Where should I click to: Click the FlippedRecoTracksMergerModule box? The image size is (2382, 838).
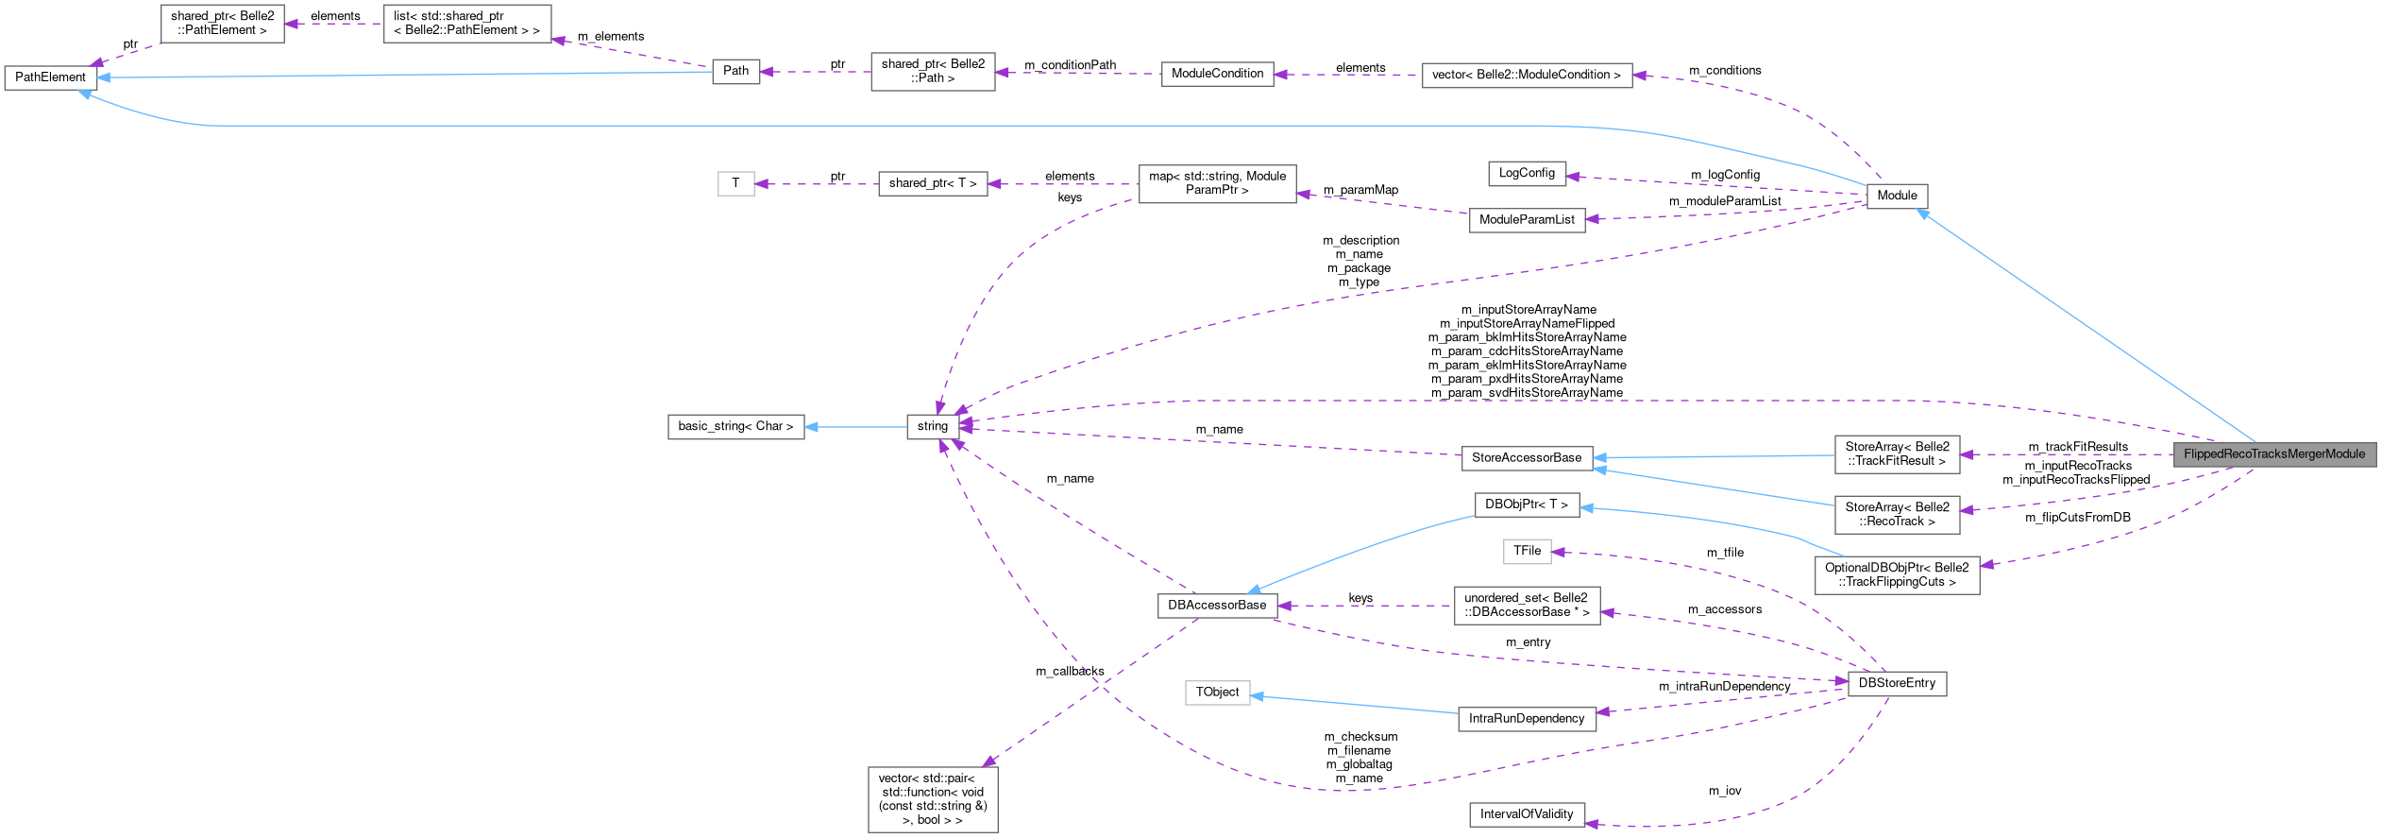click(2273, 454)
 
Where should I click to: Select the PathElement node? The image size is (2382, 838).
click(50, 77)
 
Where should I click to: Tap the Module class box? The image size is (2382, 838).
click(1897, 196)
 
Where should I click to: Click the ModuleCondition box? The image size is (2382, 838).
click(1217, 74)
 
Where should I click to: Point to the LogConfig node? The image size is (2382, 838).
click(1526, 173)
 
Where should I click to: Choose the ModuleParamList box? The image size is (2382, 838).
click(1527, 220)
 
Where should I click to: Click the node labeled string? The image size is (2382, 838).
click(932, 426)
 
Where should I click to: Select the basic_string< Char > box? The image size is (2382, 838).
click(735, 426)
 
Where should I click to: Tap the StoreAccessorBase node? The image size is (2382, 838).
click(1526, 458)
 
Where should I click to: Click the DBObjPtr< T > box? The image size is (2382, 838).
click(1526, 505)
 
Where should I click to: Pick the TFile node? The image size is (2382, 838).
click(1527, 551)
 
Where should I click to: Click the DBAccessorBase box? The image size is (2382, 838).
click(1217, 606)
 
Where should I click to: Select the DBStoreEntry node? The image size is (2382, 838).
click(1896, 683)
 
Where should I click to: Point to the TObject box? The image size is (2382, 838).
click(1217, 693)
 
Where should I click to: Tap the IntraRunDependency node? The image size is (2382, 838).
click(1526, 719)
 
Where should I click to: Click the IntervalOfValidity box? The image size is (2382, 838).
click(1526, 814)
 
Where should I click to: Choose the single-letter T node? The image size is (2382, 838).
click(735, 183)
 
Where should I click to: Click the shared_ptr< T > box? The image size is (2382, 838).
click(932, 183)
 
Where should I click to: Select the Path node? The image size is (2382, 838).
click(735, 71)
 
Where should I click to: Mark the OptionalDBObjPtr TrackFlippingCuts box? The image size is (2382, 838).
click(1896, 574)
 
